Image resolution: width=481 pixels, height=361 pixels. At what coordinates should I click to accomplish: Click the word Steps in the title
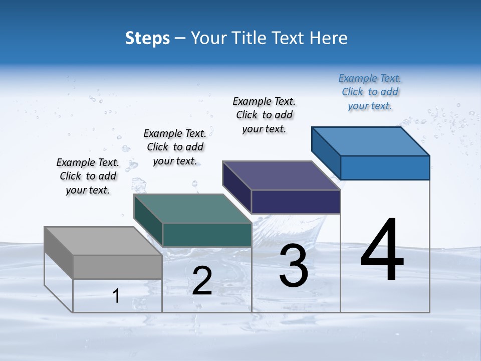(147, 38)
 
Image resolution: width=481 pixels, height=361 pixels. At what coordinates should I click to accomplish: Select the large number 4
(382, 251)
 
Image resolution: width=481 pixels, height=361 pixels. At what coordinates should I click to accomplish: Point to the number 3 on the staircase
(294, 266)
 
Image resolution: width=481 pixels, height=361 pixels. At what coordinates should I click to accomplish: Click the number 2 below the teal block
(202, 281)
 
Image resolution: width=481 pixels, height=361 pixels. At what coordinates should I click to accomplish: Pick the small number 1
(116, 296)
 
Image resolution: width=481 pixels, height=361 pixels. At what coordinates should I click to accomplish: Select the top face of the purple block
(281, 175)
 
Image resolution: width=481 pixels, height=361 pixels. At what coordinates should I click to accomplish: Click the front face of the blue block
(385, 167)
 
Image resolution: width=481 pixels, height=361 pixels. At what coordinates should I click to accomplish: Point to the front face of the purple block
(296, 202)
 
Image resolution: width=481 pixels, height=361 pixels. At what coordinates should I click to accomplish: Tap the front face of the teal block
(207, 235)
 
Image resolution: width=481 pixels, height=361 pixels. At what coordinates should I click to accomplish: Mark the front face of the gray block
(117, 267)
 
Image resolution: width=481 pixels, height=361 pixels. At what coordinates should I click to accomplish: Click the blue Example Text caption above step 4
(370, 92)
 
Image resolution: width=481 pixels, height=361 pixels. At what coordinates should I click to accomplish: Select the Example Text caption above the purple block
(264, 115)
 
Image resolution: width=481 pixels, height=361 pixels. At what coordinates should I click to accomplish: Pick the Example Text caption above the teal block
(175, 147)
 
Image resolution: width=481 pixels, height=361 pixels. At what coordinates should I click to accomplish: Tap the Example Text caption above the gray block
(88, 176)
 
